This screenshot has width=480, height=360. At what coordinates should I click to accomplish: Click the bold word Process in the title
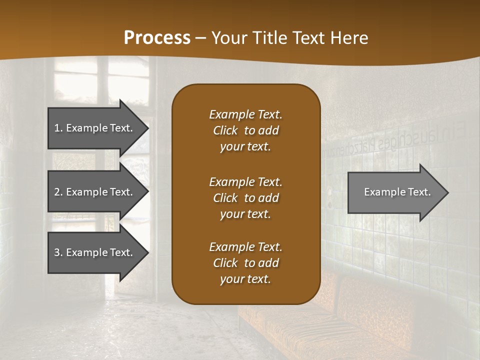[157, 38]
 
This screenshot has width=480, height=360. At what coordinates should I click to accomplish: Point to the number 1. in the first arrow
[58, 128]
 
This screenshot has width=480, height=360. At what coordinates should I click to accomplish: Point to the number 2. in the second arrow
[58, 192]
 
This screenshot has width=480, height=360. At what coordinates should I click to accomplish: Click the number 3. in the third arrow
[58, 252]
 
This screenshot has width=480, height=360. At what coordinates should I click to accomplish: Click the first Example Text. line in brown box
[245, 114]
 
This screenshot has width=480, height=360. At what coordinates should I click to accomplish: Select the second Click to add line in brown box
[245, 198]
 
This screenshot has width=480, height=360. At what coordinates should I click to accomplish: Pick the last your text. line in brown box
[245, 279]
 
